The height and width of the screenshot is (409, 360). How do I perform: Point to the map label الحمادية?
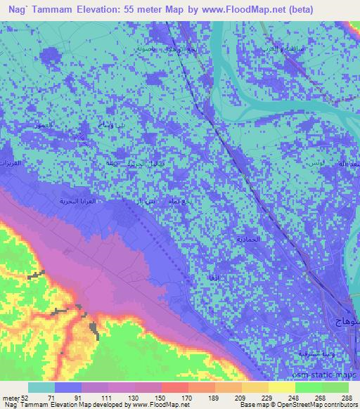(x=247, y=240)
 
